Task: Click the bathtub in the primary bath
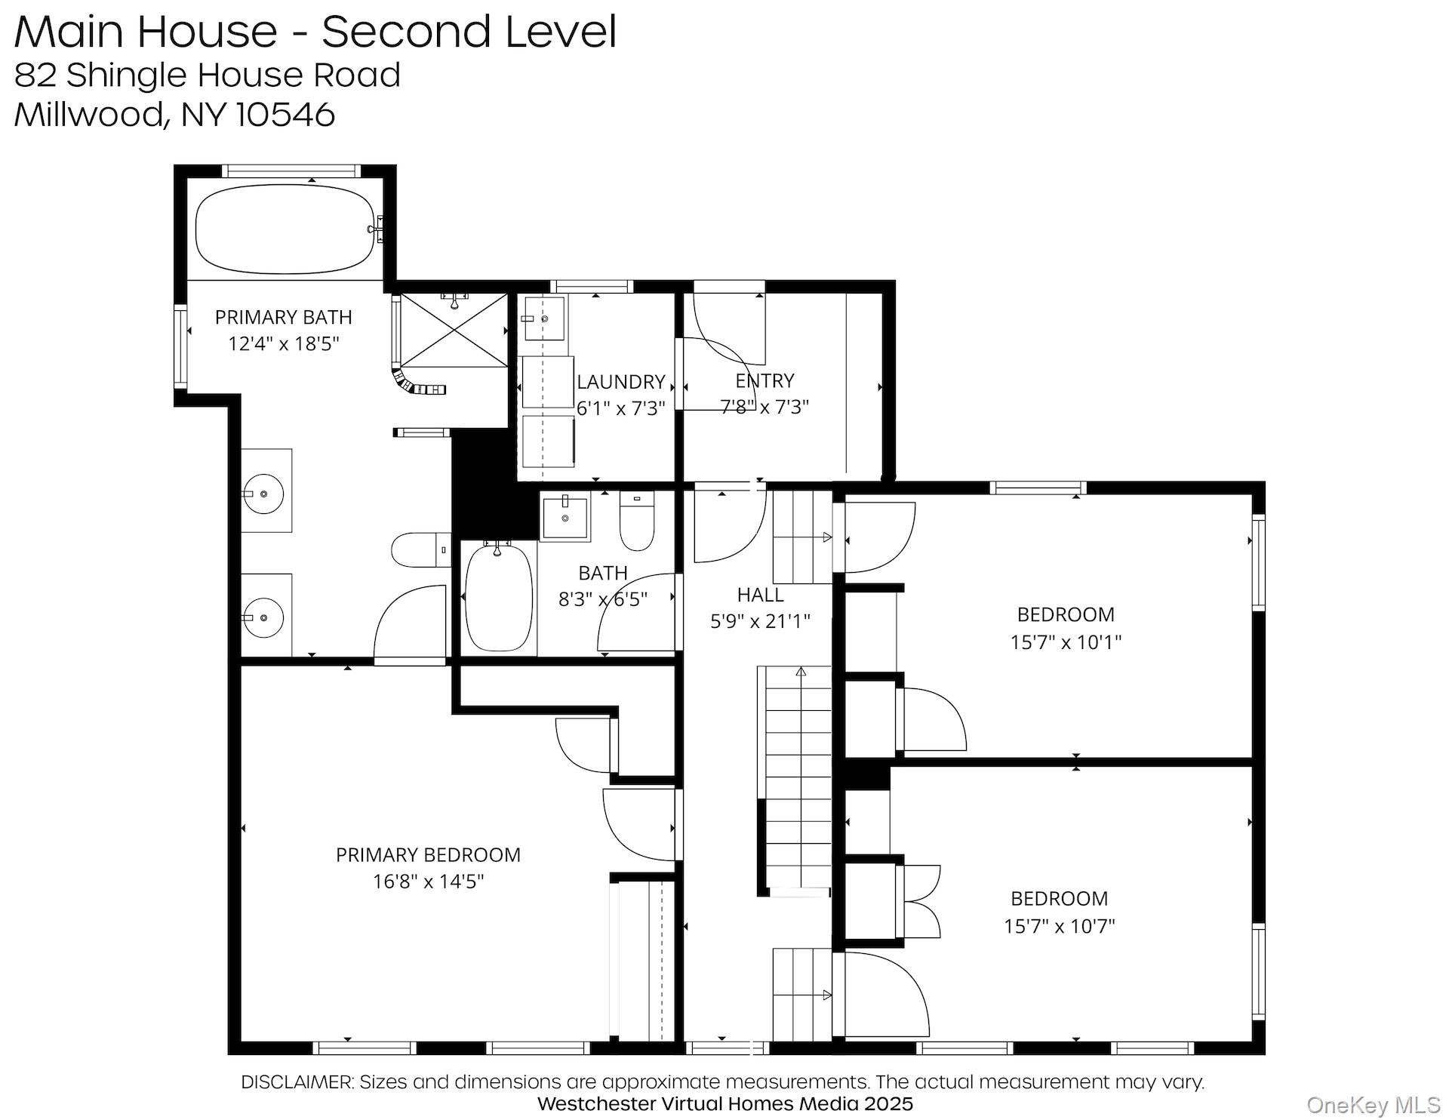coord(285,229)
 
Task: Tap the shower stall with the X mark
coord(454,331)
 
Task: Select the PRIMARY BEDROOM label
coord(428,855)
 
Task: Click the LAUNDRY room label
coord(620,382)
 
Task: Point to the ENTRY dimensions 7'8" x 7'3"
coord(764,408)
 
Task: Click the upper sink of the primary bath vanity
coord(263,494)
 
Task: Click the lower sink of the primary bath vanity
coord(263,617)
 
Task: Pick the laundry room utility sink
coord(543,319)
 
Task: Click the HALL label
coord(760,595)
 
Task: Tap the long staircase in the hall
coord(798,777)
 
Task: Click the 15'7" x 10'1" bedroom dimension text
coord(1066,643)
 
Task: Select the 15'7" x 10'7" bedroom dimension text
coord(1059,927)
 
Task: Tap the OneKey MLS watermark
coord(1373,1106)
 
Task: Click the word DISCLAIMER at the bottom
coord(297,1082)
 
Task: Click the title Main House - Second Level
coord(315,32)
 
